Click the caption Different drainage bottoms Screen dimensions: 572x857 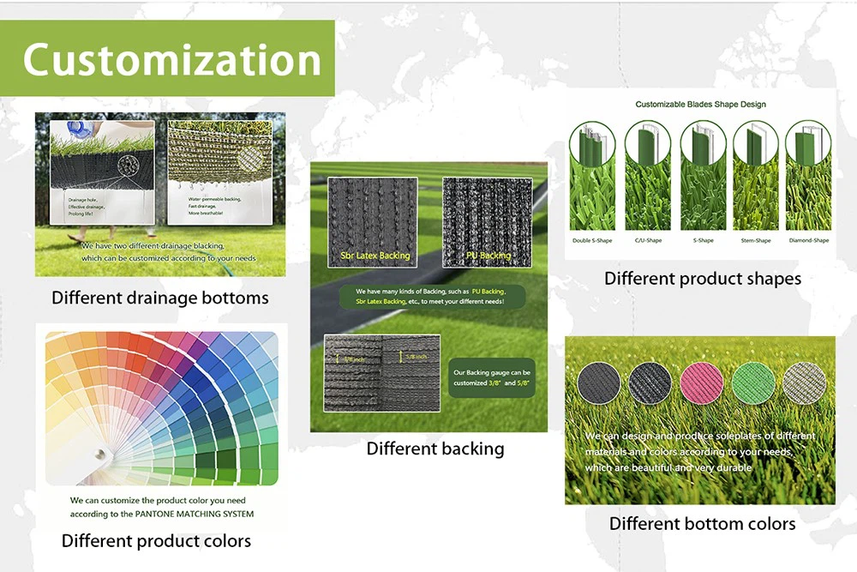(x=160, y=298)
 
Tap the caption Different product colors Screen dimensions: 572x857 (x=156, y=541)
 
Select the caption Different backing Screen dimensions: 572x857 (x=435, y=449)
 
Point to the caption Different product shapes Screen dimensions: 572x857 (x=703, y=279)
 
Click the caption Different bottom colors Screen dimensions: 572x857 (x=702, y=523)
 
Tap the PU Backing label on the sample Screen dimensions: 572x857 (x=488, y=256)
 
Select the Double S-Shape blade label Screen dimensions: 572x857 (x=593, y=241)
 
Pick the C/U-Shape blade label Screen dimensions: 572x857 (x=648, y=241)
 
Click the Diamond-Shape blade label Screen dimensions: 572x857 (x=808, y=241)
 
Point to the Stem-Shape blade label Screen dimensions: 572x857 (x=755, y=241)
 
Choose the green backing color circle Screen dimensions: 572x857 (x=752, y=383)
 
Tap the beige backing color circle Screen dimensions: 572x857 (x=804, y=383)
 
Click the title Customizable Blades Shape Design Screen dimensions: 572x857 (x=700, y=105)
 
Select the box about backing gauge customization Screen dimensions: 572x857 (x=492, y=378)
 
